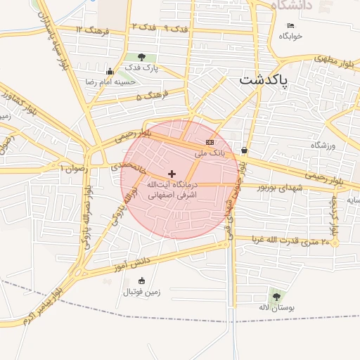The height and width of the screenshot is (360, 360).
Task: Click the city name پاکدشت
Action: point(264,79)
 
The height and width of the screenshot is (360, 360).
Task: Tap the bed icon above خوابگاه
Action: point(291,26)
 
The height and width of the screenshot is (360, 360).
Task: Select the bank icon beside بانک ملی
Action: point(210,143)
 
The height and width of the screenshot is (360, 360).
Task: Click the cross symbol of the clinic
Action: point(172,173)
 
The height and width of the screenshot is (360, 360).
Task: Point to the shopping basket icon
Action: point(244,150)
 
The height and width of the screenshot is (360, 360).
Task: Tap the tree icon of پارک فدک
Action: point(141,58)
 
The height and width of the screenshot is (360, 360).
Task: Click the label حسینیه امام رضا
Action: point(110,82)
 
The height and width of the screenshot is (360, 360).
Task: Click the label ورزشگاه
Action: point(325,145)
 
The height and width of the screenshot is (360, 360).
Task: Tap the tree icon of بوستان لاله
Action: point(276,297)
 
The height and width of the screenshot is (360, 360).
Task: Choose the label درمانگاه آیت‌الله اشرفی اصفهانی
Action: point(172,188)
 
